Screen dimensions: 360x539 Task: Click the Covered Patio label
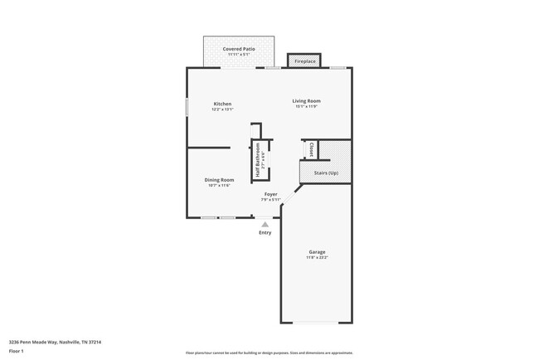(239, 49)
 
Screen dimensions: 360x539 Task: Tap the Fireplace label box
(304, 61)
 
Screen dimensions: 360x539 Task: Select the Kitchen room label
(222, 104)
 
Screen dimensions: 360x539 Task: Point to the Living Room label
(306, 101)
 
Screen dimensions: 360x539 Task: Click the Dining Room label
(219, 180)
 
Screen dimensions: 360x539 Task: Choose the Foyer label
(271, 194)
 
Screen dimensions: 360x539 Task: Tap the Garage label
(317, 252)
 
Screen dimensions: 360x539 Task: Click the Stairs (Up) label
(326, 173)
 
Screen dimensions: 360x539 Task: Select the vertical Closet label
(311, 150)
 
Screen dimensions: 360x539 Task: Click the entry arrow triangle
(265, 224)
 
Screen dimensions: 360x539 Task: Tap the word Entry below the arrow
(265, 233)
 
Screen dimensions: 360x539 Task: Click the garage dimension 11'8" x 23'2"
(317, 258)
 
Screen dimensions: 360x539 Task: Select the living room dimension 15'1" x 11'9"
(306, 107)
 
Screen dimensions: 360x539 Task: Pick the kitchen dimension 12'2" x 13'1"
(222, 109)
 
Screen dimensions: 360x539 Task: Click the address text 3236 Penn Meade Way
(54, 341)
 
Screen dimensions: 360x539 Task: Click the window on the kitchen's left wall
(187, 108)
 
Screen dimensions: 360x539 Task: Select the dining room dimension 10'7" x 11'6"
(219, 186)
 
